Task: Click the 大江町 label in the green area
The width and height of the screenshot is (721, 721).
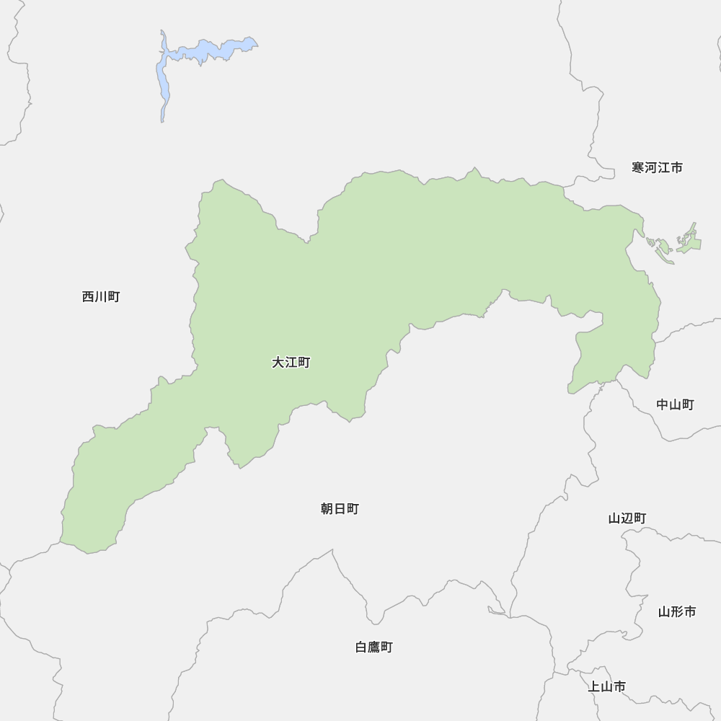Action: (291, 363)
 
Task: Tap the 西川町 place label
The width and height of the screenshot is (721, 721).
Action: (101, 296)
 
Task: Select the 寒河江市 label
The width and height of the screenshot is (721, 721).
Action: (657, 168)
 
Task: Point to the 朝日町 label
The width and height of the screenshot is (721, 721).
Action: (340, 509)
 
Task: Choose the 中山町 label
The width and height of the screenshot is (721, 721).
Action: (675, 404)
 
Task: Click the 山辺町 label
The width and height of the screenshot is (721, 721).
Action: (627, 518)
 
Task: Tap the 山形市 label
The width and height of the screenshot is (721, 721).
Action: (677, 612)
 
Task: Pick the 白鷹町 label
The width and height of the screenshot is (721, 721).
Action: (374, 647)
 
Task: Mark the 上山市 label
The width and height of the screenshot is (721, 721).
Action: (606, 686)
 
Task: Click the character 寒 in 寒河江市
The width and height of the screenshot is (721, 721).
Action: (638, 168)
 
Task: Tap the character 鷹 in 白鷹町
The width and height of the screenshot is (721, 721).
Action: (374, 647)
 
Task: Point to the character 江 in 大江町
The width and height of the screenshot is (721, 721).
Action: (291, 363)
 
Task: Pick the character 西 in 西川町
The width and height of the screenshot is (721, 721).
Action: (88, 296)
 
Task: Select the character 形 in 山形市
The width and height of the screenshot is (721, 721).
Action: (677, 612)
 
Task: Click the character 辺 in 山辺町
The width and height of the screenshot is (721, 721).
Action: (627, 518)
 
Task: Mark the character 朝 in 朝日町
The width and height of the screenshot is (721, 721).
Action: (327, 509)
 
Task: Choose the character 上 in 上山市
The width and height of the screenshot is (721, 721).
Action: (594, 686)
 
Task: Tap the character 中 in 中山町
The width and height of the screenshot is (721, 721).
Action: (663, 404)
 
